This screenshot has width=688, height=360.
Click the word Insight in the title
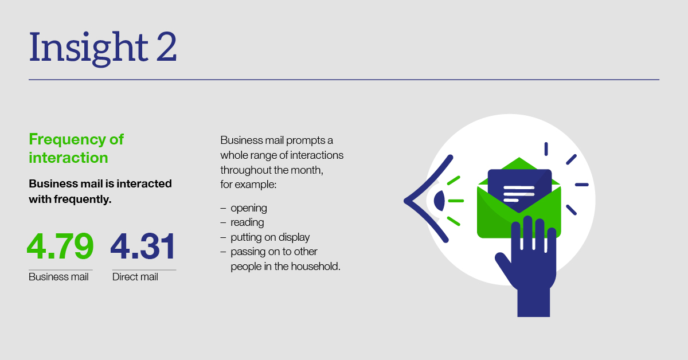(x=89, y=48)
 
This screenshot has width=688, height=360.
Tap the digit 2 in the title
(x=166, y=47)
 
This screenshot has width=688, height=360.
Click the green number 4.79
(x=60, y=246)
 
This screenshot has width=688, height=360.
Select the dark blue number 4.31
(x=143, y=246)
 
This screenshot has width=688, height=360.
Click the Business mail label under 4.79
(x=58, y=277)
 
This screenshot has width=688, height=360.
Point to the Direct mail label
(x=135, y=277)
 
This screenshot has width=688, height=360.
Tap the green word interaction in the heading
(x=68, y=158)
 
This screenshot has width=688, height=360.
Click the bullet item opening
(x=249, y=209)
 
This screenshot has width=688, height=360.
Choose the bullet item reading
(x=247, y=222)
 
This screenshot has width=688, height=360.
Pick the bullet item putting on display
(x=270, y=237)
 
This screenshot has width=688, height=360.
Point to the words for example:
(x=248, y=185)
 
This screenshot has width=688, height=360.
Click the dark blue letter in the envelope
(x=519, y=190)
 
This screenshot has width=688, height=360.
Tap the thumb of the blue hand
(x=504, y=265)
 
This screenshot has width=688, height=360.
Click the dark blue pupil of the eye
(x=440, y=201)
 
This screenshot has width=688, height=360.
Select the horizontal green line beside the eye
(x=456, y=201)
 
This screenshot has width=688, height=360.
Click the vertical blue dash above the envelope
(x=546, y=149)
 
